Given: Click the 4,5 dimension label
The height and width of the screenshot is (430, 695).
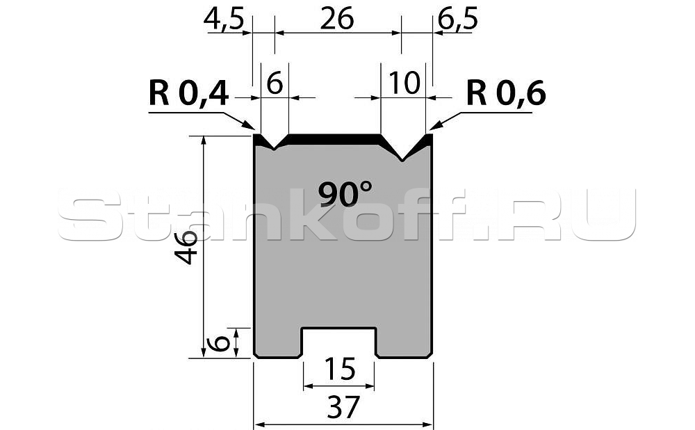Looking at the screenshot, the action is point(224,20).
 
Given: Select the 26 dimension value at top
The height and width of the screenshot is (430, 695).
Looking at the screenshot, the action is point(337,19).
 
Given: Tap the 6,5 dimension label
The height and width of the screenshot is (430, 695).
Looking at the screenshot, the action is point(457,20).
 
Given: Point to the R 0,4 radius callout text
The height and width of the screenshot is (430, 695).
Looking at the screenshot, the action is point(189,94).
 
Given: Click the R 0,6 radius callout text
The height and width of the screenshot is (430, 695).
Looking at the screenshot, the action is point(506,94).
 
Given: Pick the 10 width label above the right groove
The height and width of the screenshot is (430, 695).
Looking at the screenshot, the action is point(404,83).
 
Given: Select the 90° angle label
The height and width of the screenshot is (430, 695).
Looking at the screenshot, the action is point(345,193).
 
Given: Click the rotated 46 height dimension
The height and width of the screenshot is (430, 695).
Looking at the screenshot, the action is point(186,248).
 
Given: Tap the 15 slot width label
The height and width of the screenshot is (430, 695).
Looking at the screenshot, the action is point(340,369).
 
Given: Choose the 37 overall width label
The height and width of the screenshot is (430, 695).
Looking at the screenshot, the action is point(342,407).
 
